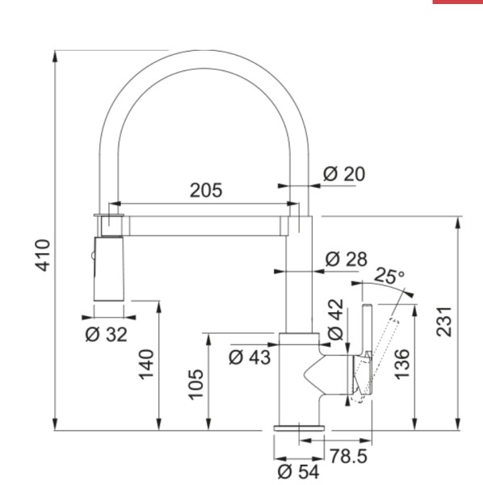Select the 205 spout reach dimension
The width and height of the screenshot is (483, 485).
coord(207,191)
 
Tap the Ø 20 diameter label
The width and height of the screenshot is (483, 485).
coord(344,174)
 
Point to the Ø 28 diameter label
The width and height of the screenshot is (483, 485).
coord(346,259)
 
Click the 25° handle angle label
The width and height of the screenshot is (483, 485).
coord(391,276)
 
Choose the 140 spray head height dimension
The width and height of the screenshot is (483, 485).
coord(146,365)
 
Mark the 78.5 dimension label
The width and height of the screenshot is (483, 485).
coord(350,458)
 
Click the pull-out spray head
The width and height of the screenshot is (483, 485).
coord(109,268)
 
